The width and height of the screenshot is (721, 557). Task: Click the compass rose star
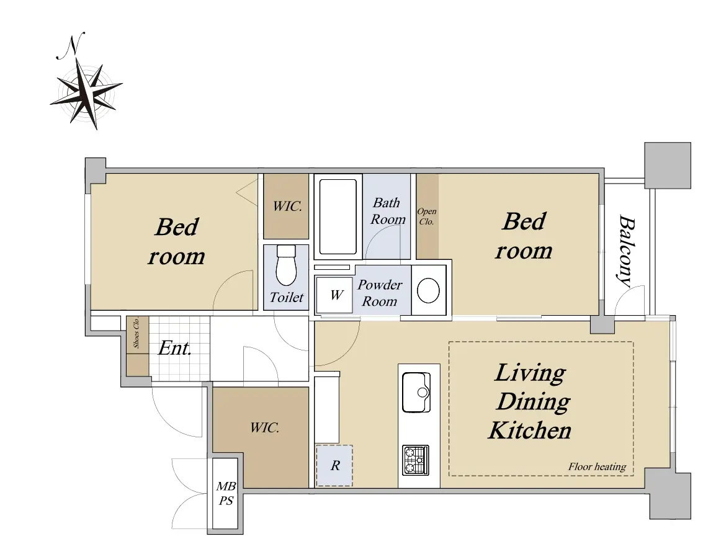click(86, 92)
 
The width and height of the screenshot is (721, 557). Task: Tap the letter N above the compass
click(72, 46)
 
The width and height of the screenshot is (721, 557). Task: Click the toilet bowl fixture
click(286, 265)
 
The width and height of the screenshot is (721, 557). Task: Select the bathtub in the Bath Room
click(338, 216)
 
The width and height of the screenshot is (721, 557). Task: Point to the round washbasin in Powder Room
click(428, 290)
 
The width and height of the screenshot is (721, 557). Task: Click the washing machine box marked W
click(335, 295)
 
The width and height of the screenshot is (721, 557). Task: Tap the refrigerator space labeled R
click(334, 466)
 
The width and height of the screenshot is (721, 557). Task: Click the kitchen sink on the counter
click(416, 392)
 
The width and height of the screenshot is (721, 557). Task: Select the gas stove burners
click(416, 460)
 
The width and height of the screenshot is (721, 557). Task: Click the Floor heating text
click(597, 467)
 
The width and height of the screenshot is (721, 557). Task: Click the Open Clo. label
click(427, 216)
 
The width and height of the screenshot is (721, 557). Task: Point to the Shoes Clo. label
click(136, 332)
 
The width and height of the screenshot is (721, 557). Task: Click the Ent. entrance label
click(175, 349)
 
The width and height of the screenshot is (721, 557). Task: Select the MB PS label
click(226, 493)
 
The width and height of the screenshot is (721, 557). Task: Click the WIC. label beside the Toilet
click(287, 207)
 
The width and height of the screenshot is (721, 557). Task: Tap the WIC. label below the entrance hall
click(264, 428)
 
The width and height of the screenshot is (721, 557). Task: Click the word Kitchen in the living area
click(530, 430)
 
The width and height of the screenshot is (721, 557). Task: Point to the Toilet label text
click(286, 297)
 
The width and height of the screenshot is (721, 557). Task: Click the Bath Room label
click(388, 211)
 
